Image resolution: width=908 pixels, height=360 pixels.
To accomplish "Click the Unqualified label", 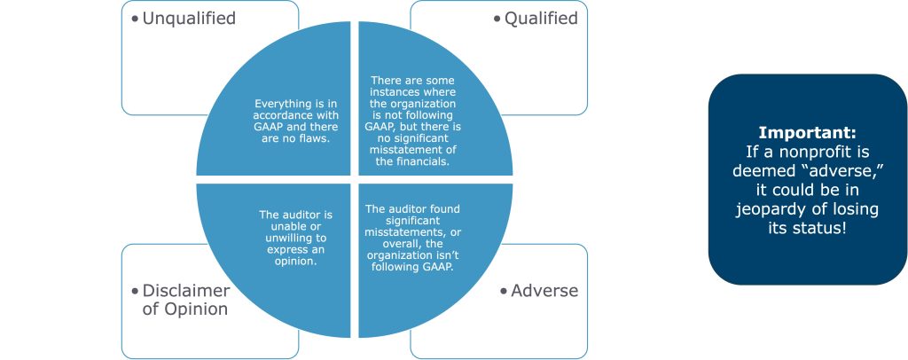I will pos(190,18).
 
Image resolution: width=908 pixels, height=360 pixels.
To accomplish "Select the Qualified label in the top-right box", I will pos(541,18).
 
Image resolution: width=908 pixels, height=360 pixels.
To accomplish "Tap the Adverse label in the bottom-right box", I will pos(544,290).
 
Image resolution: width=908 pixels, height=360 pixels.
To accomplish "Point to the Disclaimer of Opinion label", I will pos(185,300).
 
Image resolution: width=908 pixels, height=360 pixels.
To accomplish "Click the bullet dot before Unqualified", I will pos(136,19).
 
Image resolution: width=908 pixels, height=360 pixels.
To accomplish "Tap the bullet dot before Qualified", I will pos(497,19).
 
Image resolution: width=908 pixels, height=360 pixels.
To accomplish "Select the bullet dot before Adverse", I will pos(504,291).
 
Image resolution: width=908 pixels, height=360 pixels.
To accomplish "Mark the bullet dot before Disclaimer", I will pos(136,291).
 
